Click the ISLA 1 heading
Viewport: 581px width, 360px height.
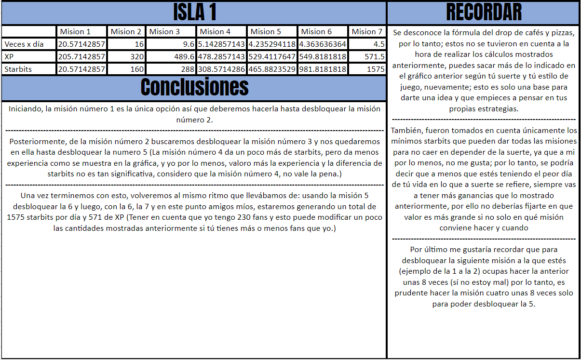(195, 13)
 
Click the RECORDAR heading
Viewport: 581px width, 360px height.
(484, 13)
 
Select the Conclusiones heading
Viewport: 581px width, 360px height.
(195, 87)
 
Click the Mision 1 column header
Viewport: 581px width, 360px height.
(75, 32)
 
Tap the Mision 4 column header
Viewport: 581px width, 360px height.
(215, 32)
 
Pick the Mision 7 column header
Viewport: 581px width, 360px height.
(367, 32)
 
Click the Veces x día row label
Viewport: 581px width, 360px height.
(24, 44)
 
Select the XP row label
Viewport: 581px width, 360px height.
(10, 57)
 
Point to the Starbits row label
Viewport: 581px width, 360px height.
(18, 69)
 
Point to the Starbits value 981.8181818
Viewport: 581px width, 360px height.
(323, 69)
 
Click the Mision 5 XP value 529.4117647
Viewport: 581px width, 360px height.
(272, 57)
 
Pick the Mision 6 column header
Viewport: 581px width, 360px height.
(316, 32)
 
